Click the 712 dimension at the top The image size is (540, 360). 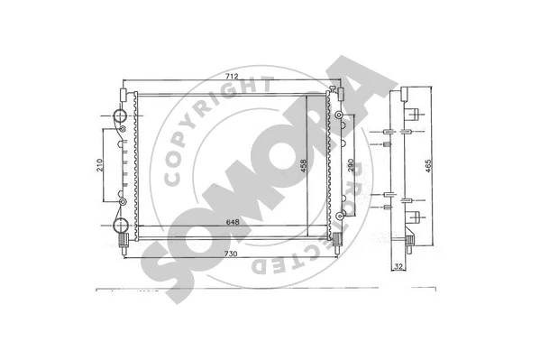point(233,78)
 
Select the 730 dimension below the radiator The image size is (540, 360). point(233,255)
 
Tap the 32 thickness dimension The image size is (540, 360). point(398,266)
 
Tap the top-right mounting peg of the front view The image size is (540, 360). point(339,90)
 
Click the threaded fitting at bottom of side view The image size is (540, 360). point(410,241)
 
